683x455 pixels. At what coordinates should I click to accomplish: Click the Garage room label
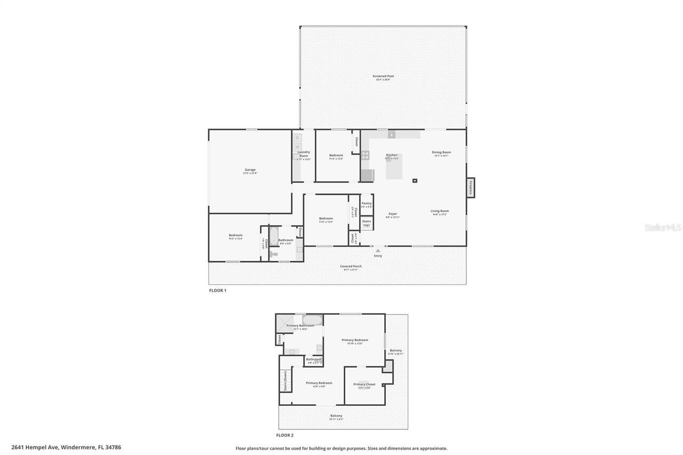pyautogui.click(x=250, y=170)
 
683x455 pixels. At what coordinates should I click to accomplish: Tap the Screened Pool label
pyautogui.click(x=383, y=76)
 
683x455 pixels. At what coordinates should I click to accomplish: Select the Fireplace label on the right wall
pyautogui.click(x=471, y=188)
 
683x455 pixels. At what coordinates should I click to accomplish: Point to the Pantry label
pyautogui.click(x=366, y=203)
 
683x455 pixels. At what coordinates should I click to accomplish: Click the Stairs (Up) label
pyautogui.click(x=366, y=223)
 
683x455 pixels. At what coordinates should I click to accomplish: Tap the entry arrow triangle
pyautogui.click(x=378, y=250)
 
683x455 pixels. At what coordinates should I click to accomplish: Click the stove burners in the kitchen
pyautogui.click(x=366, y=155)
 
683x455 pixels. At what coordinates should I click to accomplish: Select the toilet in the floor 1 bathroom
pyautogui.click(x=274, y=255)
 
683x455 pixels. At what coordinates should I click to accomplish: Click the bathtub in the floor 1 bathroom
pyautogui.click(x=273, y=236)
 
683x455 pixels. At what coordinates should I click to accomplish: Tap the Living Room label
pyautogui.click(x=440, y=211)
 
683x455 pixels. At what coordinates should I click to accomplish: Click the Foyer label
pyautogui.click(x=392, y=214)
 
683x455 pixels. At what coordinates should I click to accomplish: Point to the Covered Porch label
pyautogui.click(x=351, y=267)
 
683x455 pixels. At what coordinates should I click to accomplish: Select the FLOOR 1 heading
pyautogui.click(x=218, y=291)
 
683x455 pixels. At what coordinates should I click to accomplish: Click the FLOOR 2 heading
pyautogui.click(x=285, y=435)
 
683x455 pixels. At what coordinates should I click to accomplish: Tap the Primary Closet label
pyautogui.click(x=364, y=385)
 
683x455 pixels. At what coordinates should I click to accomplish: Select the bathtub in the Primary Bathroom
pyautogui.click(x=312, y=320)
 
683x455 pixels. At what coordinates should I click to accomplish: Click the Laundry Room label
pyautogui.click(x=304, y=154)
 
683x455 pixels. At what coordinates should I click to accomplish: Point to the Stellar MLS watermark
pyautogui.click(x=663, y=227)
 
